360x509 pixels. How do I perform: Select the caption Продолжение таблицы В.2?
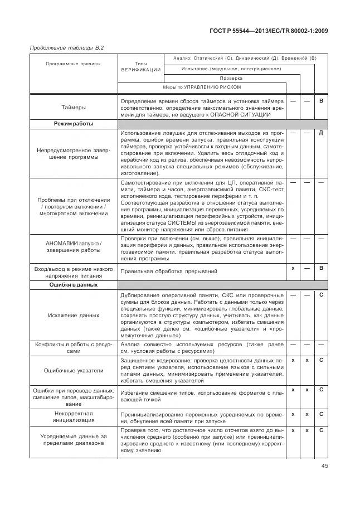pos(59,47)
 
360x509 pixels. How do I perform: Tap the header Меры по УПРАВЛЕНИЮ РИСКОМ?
pos(202,88)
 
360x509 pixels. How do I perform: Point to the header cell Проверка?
pos(231,78)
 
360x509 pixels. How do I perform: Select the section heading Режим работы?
pos(73,123)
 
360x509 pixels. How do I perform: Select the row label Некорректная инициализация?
pos(73,418)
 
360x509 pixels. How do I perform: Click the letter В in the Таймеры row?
pos(321,100)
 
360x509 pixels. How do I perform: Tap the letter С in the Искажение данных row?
pos(321,294)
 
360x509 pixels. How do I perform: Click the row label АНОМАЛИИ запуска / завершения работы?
pos(73,248)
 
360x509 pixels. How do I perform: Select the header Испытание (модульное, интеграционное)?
pos(231,69)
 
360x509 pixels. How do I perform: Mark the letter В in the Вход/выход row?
pos(321,268)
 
